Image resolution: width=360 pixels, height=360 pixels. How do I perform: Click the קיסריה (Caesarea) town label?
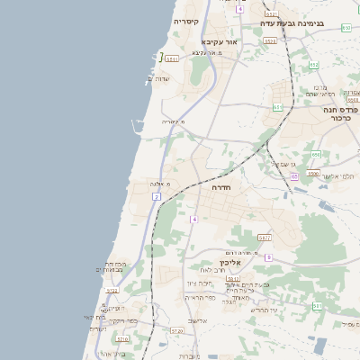[192, 21]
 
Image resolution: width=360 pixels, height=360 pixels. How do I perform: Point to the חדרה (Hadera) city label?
[221, 187]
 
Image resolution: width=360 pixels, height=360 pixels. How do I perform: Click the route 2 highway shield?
[157, 195]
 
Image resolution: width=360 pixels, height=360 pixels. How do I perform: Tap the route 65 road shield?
[294, 176]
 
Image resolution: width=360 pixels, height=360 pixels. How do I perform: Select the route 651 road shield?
[277, 107]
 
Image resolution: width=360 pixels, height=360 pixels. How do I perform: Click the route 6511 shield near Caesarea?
[171, 58]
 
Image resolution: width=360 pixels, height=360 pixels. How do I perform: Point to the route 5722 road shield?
[112, 291]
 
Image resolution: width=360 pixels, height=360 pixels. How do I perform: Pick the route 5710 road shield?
[122, 339]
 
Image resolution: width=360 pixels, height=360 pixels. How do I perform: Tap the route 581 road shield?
[318, 306]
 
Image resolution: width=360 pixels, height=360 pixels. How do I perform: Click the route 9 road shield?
[268, 257]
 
